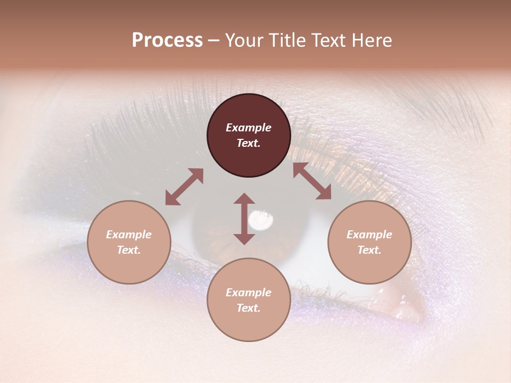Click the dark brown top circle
tap(249, 135)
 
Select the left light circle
tap(129, 242)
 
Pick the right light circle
tap(369, 242)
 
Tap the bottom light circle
tap(249, 300)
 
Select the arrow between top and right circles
tap(312, 181)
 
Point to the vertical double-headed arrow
tap(244, 219)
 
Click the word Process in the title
tap(167, 40)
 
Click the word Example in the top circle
tap(249, 128)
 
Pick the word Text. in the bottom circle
tap(249, 308)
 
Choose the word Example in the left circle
tap(129, 235)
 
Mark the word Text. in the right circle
tap(369, 250)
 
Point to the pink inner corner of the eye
tap(402, 306)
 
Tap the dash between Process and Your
tap(214, 40)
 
